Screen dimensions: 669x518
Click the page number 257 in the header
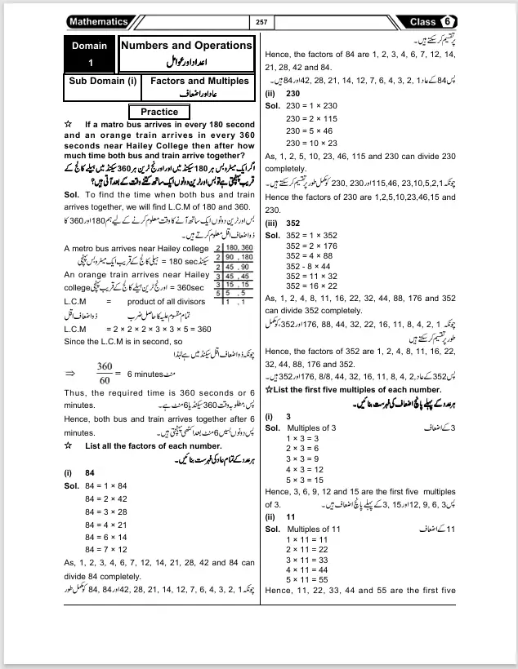tap(261, 22)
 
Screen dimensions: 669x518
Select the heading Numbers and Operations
tap(186, 46)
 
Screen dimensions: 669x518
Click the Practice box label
tap(159, 112)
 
